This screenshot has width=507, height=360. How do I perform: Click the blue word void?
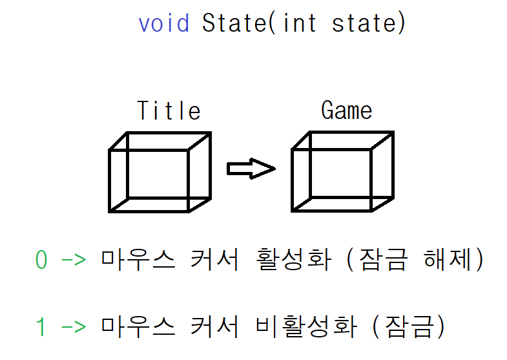click(x=164, y=23)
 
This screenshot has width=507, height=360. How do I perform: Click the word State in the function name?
click(x=232, y=23)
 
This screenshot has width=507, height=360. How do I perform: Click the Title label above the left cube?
click(x=169, y=111)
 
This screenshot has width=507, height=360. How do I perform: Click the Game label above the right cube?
click(x=346, y=111)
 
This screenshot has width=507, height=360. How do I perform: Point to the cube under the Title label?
click(x=160, y=172)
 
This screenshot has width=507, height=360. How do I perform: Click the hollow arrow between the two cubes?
click(x=251, y=169)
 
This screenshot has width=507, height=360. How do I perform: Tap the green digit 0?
click(x=41, y=260)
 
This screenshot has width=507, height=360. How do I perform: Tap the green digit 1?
click(x=41, y=327)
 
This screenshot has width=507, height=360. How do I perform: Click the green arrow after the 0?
click(x=73, y=261)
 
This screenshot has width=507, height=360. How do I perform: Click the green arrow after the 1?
click(x=73, y=328)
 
